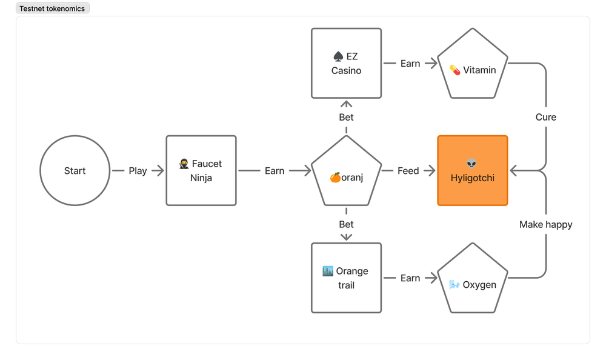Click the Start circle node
(75, 170)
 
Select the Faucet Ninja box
(201, 170)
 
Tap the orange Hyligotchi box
(472, 170)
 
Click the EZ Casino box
(346, 63)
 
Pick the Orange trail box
(346, 278)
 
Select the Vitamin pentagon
(472, 64)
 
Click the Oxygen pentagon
(472, 279)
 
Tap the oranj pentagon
(346, 172)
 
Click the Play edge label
(138, 171)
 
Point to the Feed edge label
(408, 171)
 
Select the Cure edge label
(546, 117)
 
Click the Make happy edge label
(546, 225)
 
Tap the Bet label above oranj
(346, 117)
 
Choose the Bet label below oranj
(346, 224)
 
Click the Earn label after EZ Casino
(410, 64)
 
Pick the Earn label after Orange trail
(410, 278)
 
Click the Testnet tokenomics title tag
(52, 8)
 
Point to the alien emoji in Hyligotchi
(471, 164)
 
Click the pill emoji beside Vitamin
(455, 70)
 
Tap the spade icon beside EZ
(338, 56)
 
